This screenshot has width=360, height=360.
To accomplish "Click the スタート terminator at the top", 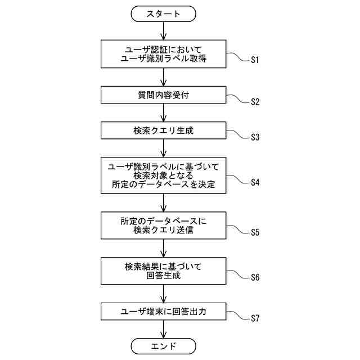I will point(163,14).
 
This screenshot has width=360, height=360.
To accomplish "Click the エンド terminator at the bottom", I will point(163,345).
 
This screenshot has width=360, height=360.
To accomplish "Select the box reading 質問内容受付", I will point(163,94).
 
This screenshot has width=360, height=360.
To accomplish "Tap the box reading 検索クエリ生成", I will point(163,131).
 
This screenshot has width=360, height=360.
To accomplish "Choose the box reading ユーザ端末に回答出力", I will point(163,311).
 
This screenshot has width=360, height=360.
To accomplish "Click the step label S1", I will point(255,60).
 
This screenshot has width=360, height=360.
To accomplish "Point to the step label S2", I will point(255,102).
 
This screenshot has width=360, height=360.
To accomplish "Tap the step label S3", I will point(255,138).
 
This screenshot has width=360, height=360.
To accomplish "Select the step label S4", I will point(255,182).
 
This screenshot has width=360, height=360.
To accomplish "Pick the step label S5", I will point(255,232).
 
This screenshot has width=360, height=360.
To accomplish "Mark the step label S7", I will point(255,318).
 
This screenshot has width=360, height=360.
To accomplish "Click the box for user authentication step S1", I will point(163,53).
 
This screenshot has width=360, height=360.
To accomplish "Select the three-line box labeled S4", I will point(163,175).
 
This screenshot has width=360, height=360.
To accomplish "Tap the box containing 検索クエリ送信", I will point(163,226).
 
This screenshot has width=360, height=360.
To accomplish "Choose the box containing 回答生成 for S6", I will point(163,271).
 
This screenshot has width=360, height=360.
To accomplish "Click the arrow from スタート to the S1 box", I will point(163,31).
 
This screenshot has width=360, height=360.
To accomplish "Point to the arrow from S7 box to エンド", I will point(163,329).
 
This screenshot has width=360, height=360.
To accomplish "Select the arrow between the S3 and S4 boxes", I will point(163,148).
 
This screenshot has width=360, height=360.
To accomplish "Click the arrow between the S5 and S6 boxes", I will point(163,248).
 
